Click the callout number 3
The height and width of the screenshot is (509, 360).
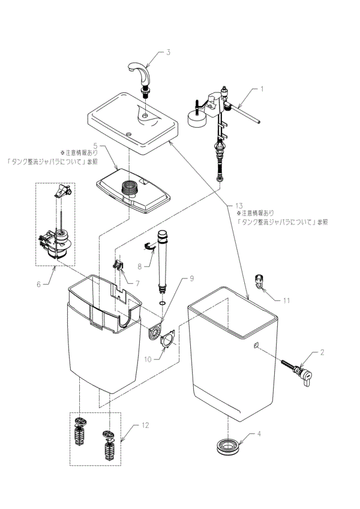[169, 52]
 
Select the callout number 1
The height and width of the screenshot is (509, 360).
[261, 89]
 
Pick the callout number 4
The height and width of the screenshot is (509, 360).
[259, 433]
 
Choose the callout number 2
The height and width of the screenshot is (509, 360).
[322, 352]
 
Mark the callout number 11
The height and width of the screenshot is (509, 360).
[286, 298]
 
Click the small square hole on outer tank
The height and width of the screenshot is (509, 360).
[255, 345]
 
